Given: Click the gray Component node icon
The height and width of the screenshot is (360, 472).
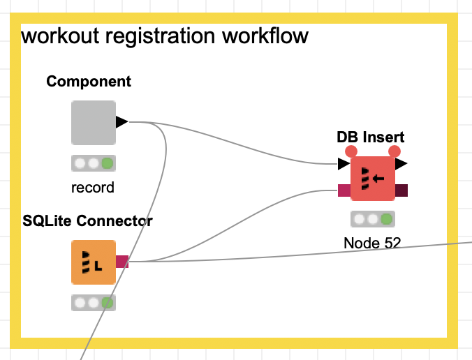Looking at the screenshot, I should [x=93, y=123].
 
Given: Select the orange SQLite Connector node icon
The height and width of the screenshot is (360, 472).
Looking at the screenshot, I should [x=93, y=262].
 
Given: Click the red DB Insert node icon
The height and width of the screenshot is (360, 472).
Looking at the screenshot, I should [x=372, y=178].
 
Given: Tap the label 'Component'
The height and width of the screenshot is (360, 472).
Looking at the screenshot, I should [x=89, y=82].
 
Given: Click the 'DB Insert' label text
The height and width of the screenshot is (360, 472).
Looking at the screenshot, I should [x=370, y=137].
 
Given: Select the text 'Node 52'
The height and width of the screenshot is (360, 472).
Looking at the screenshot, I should [x=372, y=243].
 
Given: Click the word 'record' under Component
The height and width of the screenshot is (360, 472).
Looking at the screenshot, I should [x=92, y=188].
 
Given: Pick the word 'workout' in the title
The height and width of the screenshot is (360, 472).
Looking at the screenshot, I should [x=54, y=36].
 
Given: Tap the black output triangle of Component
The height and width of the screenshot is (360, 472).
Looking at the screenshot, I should [x=121, y=122].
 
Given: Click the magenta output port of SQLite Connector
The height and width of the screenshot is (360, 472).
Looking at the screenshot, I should [x=122, y=262].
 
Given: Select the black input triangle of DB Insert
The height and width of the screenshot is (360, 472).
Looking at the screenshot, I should [x=343, y=165].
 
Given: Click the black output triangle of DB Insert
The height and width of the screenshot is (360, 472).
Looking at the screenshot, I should [x=401, y=164].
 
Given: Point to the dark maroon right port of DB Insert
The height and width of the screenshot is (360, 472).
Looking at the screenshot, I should [x=401, y=190].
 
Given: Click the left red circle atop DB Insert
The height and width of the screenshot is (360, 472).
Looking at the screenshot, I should [x=351, y=151].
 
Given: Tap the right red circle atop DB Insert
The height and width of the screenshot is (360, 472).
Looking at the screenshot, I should [x=394, y=151].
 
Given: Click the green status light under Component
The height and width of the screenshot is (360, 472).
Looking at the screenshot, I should [x=107, y=164].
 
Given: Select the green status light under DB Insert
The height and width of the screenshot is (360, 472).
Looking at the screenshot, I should [x=386, y=219].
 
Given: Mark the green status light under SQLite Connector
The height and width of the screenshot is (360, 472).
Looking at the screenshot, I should [x=107, y=303].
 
